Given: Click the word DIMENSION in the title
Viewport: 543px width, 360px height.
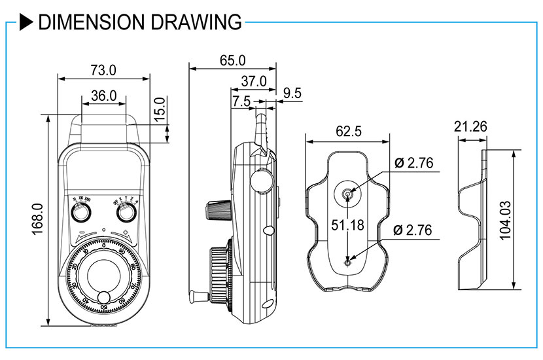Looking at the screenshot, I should click(x=88, y=22).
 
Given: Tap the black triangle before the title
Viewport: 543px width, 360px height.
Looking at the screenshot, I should click(x=26, y=22).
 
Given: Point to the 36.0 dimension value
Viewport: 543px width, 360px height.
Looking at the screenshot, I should click(x=103, y=96).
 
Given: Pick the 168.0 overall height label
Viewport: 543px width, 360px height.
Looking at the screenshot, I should click(x=37, y=219).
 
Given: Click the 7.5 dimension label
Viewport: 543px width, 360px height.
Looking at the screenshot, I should click(x=241, y=101).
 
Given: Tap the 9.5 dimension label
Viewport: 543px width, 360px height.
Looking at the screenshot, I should click(x=292, y=94).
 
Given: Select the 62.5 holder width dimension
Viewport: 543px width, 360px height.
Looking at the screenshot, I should click(x=348, y=131).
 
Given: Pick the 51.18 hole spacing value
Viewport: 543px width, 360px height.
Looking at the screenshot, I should click(x=347, y=225).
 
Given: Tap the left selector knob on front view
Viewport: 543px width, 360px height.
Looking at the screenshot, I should click(x=82, y=213).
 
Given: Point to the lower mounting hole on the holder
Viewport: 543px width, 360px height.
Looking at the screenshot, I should click(x=347, y=263).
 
